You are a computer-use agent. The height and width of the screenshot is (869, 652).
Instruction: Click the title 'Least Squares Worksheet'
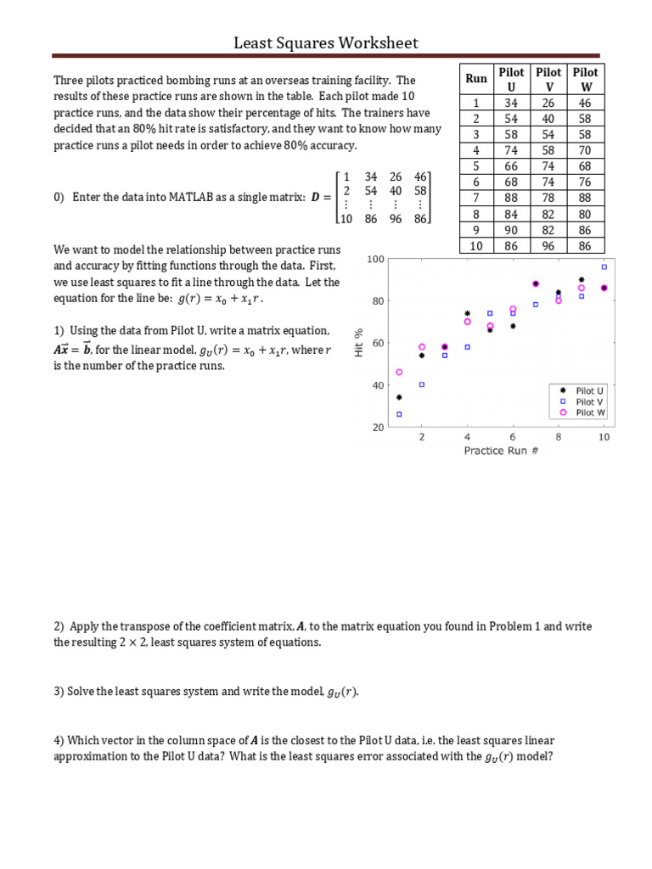click(326, 42)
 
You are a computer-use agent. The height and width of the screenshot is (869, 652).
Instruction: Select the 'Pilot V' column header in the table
click(549, 79)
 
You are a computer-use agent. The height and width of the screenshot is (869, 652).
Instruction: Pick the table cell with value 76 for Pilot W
click(585, 182)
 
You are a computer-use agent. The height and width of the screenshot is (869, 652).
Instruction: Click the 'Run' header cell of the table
click(476, 79)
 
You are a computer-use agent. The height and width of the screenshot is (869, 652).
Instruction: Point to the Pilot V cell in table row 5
click(549, 165)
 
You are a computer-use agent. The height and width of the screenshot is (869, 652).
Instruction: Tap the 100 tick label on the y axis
click(375, 259)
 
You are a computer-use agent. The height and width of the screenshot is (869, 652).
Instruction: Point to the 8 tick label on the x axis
click(558, 437)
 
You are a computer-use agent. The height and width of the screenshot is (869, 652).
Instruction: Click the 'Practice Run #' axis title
click(501, 451)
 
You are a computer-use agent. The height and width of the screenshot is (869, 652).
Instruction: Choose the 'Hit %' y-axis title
click(359, 344)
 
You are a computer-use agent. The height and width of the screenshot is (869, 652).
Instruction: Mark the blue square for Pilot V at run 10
click(604, 266)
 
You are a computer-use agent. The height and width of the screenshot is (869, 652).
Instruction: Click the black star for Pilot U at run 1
click(399, 397)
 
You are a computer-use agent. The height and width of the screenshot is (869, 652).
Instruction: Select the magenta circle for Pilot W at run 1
click(399, 372)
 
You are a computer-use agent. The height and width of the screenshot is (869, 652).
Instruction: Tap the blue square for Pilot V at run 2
click(422, 384)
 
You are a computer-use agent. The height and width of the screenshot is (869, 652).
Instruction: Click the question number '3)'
click(59, 692)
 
